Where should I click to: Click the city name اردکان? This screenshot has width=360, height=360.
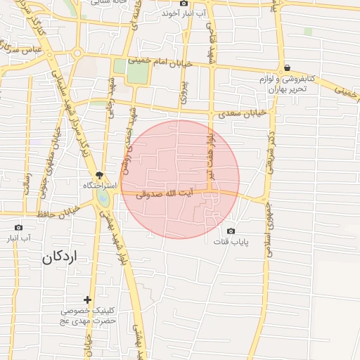(58, 257)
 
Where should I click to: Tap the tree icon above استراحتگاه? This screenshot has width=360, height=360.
(100, 174)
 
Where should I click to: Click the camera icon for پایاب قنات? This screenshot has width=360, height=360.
(231, 231)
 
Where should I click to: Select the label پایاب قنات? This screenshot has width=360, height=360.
(232, 242)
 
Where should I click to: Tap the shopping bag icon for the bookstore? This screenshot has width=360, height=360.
(288, 67)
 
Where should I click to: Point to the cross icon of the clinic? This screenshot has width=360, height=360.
(87, 300)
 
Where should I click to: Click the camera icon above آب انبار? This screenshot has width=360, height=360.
(18, 227)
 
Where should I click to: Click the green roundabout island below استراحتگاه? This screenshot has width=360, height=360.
(104, 200)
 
